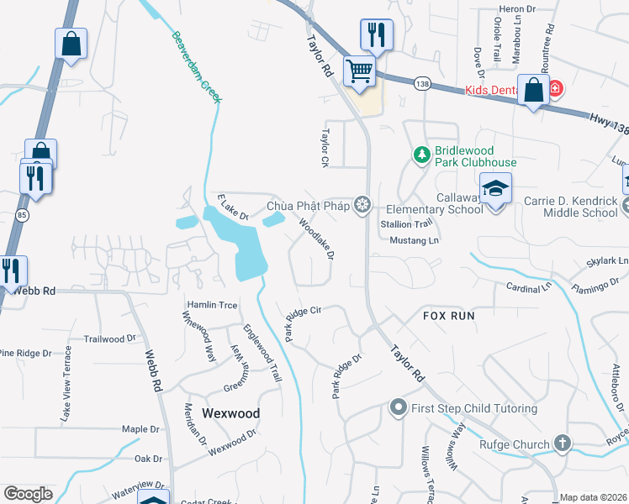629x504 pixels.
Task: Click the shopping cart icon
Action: [x=359, y=71]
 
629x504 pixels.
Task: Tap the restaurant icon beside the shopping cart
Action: [x=376, y=35]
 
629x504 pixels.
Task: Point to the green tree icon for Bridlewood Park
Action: [x=420, y=155]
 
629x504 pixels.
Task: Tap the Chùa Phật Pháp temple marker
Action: [x=362, y=205]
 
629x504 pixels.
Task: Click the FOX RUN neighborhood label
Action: [x=448, y=316]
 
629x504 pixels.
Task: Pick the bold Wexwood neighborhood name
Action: [x=230, y=413]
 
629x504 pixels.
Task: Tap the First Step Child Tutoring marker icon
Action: [x=399, y=408]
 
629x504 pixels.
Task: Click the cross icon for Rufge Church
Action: [x=562, y=444]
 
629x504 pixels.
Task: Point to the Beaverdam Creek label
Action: [x=196, y=67]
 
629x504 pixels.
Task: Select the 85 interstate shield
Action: [x=19, y=216]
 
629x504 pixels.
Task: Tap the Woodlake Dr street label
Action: [x=318, y=238]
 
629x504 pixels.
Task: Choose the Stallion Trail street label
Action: [x=406, y=224]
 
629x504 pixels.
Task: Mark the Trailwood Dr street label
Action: [x=109, y=339]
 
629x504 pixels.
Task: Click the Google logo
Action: [x=28, y=494]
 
